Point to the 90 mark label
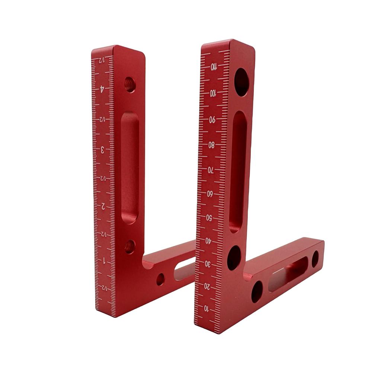[x=212, y=120]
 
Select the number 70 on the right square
[x=210, y=170]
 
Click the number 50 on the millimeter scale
[x=209, y=218]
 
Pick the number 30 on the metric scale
[x=208, y=264]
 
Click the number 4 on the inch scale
[x=102, y=89]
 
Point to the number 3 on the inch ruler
[x=103, y=149]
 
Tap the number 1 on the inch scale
[x=104, y=260]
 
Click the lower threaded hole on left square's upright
[x=130, y=246]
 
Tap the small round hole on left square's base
[x=160, y=279]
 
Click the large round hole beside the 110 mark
[x=241, y=82]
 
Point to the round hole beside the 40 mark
[x=234, y=257]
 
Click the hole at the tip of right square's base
[x=315, y=259]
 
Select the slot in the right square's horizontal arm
[x=288, y=274]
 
